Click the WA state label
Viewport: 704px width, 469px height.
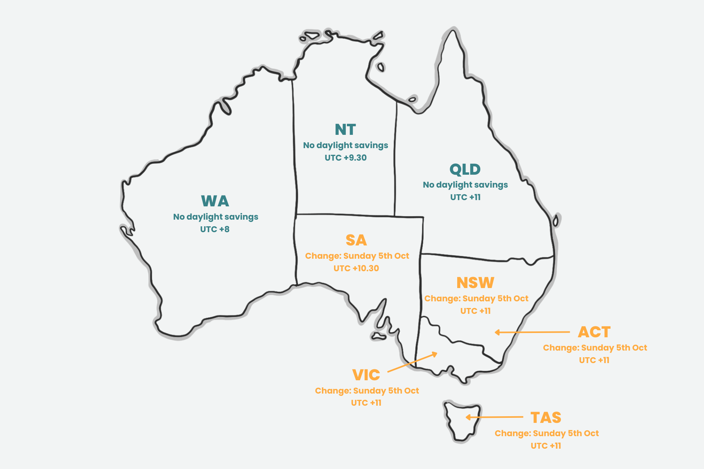[x=215, y=201]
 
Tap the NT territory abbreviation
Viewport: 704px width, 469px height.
[x=345, y=130]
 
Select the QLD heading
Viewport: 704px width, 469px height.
[x=465, y=170]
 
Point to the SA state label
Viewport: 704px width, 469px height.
[x=356, y=240]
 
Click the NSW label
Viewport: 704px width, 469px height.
[x=475, y=283]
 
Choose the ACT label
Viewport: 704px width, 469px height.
[x=594, y=332]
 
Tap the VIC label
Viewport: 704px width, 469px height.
[x=366, y=375]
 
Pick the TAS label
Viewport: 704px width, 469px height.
[x=546, y=418]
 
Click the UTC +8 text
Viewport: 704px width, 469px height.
[x=215, y=229]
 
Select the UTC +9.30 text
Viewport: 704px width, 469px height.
[x=346, y=158]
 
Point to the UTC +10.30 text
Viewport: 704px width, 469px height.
[x=356, y=269]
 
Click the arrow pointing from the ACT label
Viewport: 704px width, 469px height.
[x=532, y=332]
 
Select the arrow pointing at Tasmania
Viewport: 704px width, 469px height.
[x=494, y=417]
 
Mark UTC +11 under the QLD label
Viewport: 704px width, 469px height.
[x=465, y=197]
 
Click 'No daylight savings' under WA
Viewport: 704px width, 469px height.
[x=216, y=217]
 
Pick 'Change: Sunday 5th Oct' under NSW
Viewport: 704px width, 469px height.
[x=476, y=299]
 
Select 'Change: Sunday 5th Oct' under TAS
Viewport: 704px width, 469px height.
[x=546, y=433]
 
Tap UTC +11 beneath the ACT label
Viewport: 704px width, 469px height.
[x=594, y=360]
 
